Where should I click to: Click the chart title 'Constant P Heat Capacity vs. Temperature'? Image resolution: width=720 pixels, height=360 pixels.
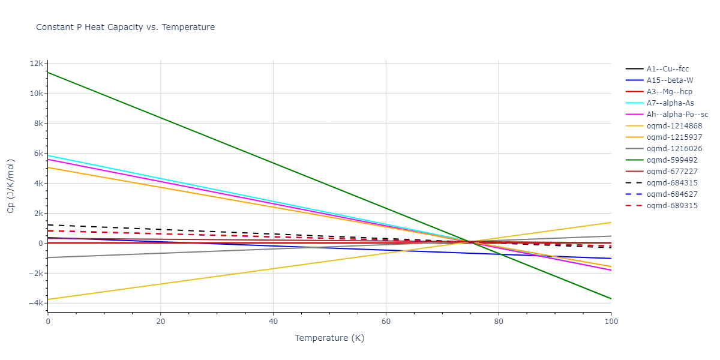tap(125, 27)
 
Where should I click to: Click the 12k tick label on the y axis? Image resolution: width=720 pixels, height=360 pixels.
tap(37, 64)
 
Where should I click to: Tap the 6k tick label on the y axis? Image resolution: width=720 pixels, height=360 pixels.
tap(38, 154)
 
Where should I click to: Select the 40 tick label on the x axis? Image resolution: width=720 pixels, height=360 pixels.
tap(273, 321)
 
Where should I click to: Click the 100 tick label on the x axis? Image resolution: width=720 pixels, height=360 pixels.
tap(611, 321)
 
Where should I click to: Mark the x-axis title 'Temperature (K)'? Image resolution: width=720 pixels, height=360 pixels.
tap(329, 338)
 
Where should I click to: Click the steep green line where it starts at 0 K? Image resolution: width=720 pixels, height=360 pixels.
tap(49, 73)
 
